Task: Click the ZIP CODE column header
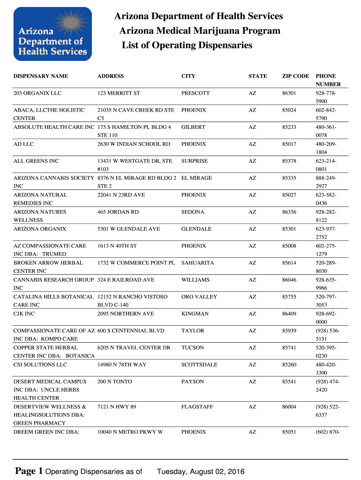coord(295,76)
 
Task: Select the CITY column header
coord(188,76)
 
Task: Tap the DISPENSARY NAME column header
coord(41,76)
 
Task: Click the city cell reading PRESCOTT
coord(196,93)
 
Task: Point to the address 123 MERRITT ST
coord(119,93)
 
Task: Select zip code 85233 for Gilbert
coord(289,127)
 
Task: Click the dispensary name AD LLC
coord(23,144)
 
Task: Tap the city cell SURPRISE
coord(195,161)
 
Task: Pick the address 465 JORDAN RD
coord(118,212)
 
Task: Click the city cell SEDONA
coord(193,212)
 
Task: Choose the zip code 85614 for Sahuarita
coord(289,263)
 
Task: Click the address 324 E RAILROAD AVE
coord(126,280)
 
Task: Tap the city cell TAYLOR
coord(192,330)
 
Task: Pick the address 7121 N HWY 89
coord(117,407)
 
